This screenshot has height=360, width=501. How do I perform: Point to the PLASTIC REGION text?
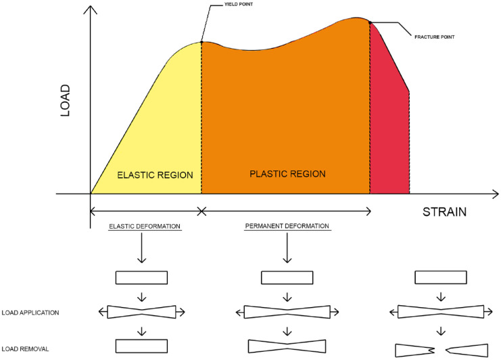pos(287,174)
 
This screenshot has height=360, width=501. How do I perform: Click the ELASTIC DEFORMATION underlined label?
pos(145,225)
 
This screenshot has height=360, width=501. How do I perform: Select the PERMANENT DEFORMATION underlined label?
pos(287,225)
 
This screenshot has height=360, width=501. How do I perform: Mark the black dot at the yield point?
pos(201,43)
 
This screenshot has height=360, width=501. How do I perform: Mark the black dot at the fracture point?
pos(370,22)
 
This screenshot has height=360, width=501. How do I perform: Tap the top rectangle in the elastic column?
pos(142,277)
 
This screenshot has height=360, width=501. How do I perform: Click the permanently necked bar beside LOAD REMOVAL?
pos(287,346)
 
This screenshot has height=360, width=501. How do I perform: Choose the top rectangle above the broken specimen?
pos(440,277)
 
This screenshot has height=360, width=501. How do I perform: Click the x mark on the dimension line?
pos(201,212)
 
